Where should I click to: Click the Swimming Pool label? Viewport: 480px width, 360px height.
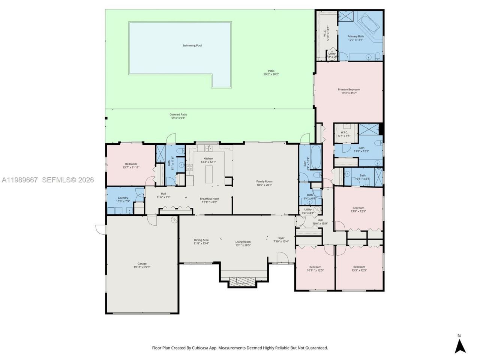click(x=192, y=45)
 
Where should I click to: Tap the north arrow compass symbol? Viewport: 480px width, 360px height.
click(x=460, y=345)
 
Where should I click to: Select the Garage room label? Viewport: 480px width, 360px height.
click(x=142, y=264)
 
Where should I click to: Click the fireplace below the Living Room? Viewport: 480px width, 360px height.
click(x=243, y=282)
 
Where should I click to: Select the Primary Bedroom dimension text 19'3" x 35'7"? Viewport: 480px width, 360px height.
click(x=349, y=93)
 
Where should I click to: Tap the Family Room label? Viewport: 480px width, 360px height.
click(x=264, y=181)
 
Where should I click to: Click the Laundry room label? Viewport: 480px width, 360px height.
click(x=123, y=198)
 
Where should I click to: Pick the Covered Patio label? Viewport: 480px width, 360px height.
click(x=178, y=114)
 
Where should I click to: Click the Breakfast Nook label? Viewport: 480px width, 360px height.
click(x=208, y=199)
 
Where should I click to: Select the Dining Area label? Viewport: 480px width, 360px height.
click(x=201, y=240)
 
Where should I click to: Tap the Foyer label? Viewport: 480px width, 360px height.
click(x=281, y=238)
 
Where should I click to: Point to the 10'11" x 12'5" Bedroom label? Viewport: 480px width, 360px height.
click(x=315, y=267)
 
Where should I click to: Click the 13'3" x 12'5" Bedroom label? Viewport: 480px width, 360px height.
click(x=359, y=267)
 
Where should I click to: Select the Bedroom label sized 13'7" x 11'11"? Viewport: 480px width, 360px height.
click(x=131, y=164)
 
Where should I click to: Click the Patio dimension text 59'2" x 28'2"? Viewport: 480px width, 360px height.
click(x=271, y=74)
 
